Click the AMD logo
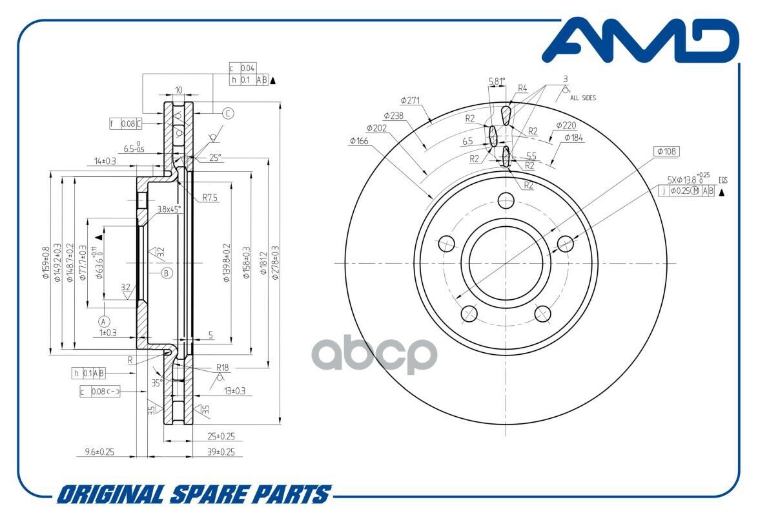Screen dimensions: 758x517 point(639,41)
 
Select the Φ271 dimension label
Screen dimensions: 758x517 point(410,100)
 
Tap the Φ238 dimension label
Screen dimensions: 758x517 point(393,115)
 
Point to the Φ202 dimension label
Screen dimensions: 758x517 point(376,128)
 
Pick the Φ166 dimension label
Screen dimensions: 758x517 point(360,140)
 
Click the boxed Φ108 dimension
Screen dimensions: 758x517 point(666,152)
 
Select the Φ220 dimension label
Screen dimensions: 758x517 point(566,125)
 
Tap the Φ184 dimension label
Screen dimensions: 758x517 point(573,138)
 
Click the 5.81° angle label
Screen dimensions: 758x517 point(497,81)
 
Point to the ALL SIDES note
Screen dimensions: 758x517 point(583,98)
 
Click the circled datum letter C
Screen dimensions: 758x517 point(228,114)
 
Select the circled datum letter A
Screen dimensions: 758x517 point(103,321)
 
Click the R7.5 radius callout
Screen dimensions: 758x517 point(209,198)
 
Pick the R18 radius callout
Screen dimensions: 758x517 point(223,366)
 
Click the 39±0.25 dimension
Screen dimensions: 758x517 point(221,452)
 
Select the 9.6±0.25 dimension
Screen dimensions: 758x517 point(99,452)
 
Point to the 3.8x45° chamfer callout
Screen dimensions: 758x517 point(169,209)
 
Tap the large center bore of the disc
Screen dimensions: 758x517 point(497,263)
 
